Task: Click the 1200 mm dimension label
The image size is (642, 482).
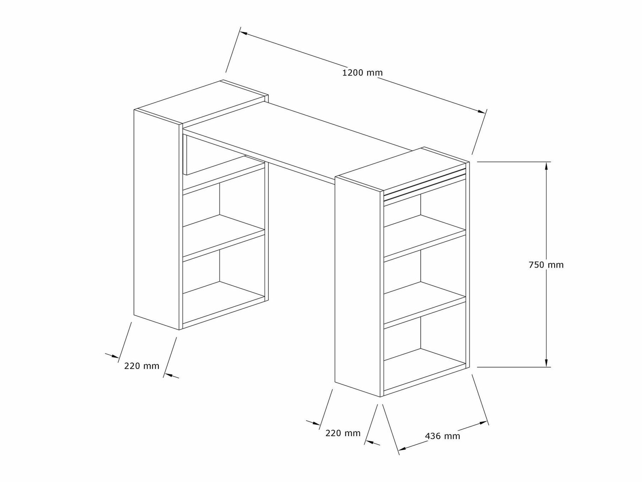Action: tap(363, 72)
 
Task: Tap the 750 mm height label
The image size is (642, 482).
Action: tap(546, 265)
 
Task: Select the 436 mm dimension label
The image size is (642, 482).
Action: tap(443, 436)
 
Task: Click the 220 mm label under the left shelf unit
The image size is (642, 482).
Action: tap(142, 366)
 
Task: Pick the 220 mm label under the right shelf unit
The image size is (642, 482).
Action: tap(343, 433)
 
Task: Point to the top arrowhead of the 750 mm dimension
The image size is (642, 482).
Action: tap(546, 166)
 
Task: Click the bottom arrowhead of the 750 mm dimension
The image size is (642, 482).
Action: tap(546, 362)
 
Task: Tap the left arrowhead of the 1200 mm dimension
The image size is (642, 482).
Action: tap(244, 33)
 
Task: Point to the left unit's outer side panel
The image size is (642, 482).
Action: tap(157, 219)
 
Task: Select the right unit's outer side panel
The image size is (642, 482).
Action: tap(357, 287)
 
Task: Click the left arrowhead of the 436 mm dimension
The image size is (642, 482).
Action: tap(404, 449)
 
